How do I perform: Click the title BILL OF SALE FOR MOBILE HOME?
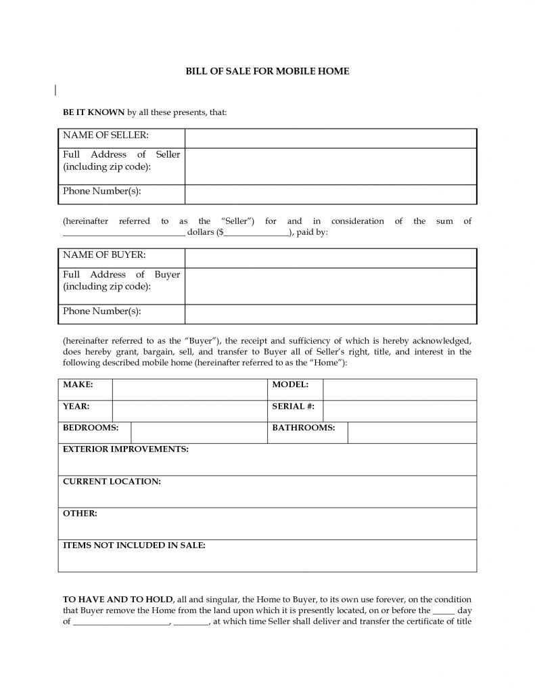click(267, 71)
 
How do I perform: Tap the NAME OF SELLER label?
click(105, 135)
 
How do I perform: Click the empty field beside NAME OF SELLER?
click(331, 137)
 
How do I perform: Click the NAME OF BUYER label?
click(104, 255)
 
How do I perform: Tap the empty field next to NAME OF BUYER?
click(331, 258)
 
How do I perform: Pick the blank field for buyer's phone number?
click(331, 314)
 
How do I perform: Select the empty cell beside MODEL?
click(400, 390)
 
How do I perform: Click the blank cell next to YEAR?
click(190, 411)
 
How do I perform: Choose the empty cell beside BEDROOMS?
click(199, 433)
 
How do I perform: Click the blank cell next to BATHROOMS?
click(412, 433)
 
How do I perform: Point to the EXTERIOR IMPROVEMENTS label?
click(125, 449)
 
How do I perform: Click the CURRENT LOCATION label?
click(112, 481)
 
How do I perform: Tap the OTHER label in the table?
click(80, 514)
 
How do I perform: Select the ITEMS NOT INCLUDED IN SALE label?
click(134, 545)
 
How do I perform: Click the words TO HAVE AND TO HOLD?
click(118, 600)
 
